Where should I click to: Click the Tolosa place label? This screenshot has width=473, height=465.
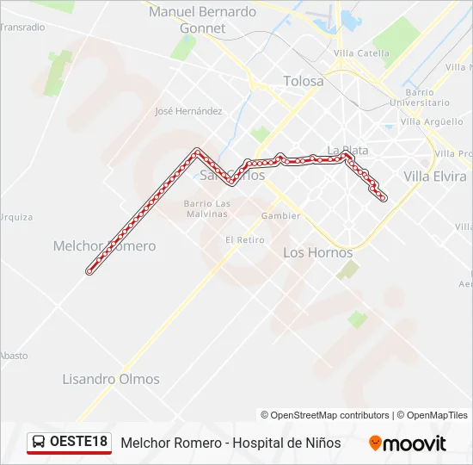point(304,81)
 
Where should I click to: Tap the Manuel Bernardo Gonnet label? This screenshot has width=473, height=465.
point(202,20)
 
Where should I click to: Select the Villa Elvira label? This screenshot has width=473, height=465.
point(435,177)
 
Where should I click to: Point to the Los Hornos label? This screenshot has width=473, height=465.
point(317,252)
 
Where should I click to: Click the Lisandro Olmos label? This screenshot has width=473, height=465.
point(111,379)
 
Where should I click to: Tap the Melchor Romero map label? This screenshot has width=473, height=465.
point(104,246)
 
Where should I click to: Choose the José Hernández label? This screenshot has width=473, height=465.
point(188,111)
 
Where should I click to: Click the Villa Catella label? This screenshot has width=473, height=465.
point(361,53)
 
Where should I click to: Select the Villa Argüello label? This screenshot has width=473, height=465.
point(432,121)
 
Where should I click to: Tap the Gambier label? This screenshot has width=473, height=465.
point(281,215)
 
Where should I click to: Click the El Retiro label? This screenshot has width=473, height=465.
point(244,239)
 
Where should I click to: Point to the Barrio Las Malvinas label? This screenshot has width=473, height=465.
point(207,209)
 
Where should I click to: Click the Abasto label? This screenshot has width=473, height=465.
point(14,356)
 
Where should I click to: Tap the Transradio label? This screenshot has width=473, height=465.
point(22,27)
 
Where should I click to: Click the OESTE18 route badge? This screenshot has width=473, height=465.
point(78,443)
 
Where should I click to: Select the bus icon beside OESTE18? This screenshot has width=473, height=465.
point(39,443)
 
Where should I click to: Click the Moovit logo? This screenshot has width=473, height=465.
point(408,443)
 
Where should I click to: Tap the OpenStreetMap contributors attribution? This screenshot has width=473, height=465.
point(325,415)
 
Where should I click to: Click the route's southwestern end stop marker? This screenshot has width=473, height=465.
point(89,271)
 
